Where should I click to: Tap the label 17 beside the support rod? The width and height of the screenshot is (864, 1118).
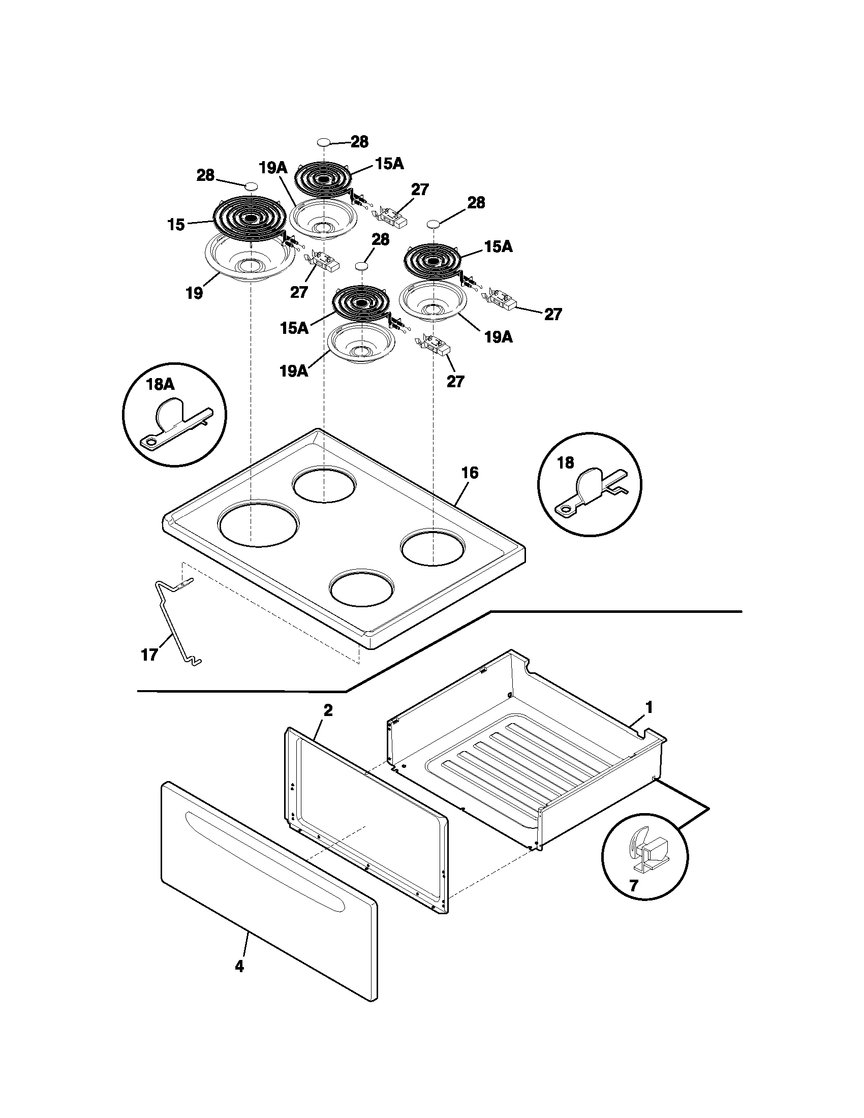pos(149,655)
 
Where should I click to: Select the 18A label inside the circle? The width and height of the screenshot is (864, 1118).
pos(160,385)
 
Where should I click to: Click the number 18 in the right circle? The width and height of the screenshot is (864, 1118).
pos(565,463)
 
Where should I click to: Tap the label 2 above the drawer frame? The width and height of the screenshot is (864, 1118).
pos(328,710)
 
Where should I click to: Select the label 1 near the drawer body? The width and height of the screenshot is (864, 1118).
pos(649,708)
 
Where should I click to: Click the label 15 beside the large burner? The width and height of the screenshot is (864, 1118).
pos(176,224)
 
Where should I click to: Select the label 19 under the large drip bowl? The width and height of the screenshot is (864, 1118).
pos(195,294)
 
